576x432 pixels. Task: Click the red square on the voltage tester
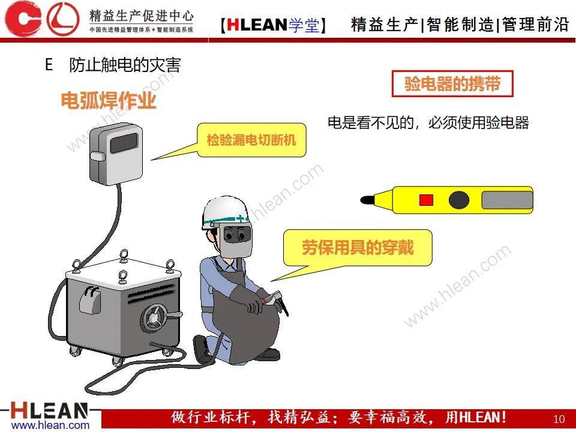[x=426, y=200]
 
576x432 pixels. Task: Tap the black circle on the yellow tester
[x=459, y=200]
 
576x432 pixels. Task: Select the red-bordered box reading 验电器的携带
[x=452, y=85]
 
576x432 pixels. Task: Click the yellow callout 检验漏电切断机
[x=251, y=140]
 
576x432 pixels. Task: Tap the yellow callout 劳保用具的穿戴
[x=358, y=247]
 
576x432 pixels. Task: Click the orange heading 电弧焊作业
[x=109, y=101]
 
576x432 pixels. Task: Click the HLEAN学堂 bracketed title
[x=273, y=24]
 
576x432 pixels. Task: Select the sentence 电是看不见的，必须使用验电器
[x=428, y=123]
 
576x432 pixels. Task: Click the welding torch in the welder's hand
[x=280, y=301]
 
